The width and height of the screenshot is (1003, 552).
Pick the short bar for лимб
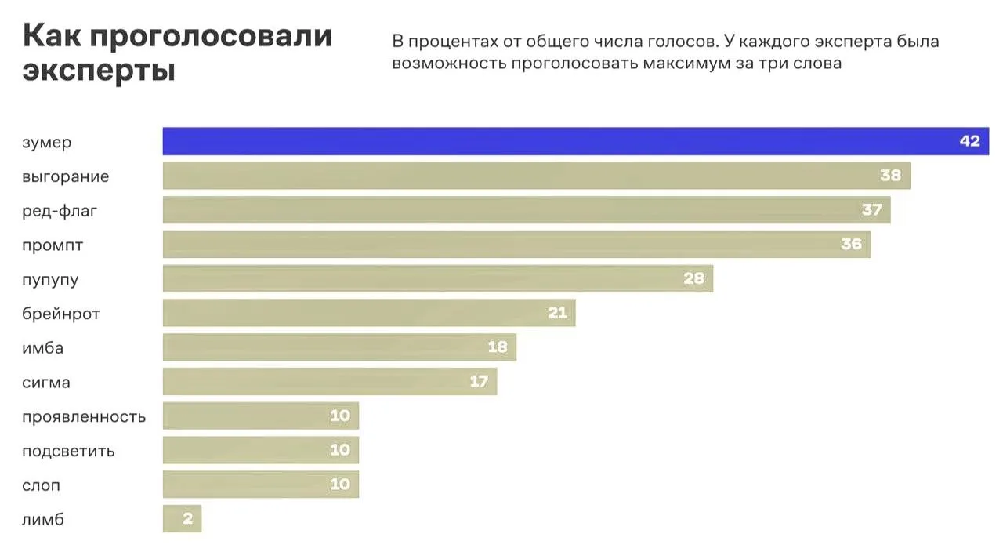coord(182,519)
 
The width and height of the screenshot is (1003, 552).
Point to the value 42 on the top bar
coord(969,142)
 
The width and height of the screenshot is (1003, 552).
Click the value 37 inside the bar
coord(871,210)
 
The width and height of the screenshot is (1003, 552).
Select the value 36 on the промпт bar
coord(851,245)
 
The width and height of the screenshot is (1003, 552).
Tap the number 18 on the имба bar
coord(498,347)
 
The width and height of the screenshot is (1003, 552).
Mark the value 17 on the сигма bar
coord(479,382)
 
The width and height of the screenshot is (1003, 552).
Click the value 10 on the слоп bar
coord(340,485)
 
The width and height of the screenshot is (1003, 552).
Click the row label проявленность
coord(84,416)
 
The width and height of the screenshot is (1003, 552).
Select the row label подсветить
coord(68,451)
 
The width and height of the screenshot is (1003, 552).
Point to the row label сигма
coord(46,383)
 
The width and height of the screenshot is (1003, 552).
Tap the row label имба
coord(43,348)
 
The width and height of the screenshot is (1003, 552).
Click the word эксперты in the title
coord(99,71)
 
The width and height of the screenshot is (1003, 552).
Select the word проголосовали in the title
coord(211,36)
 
